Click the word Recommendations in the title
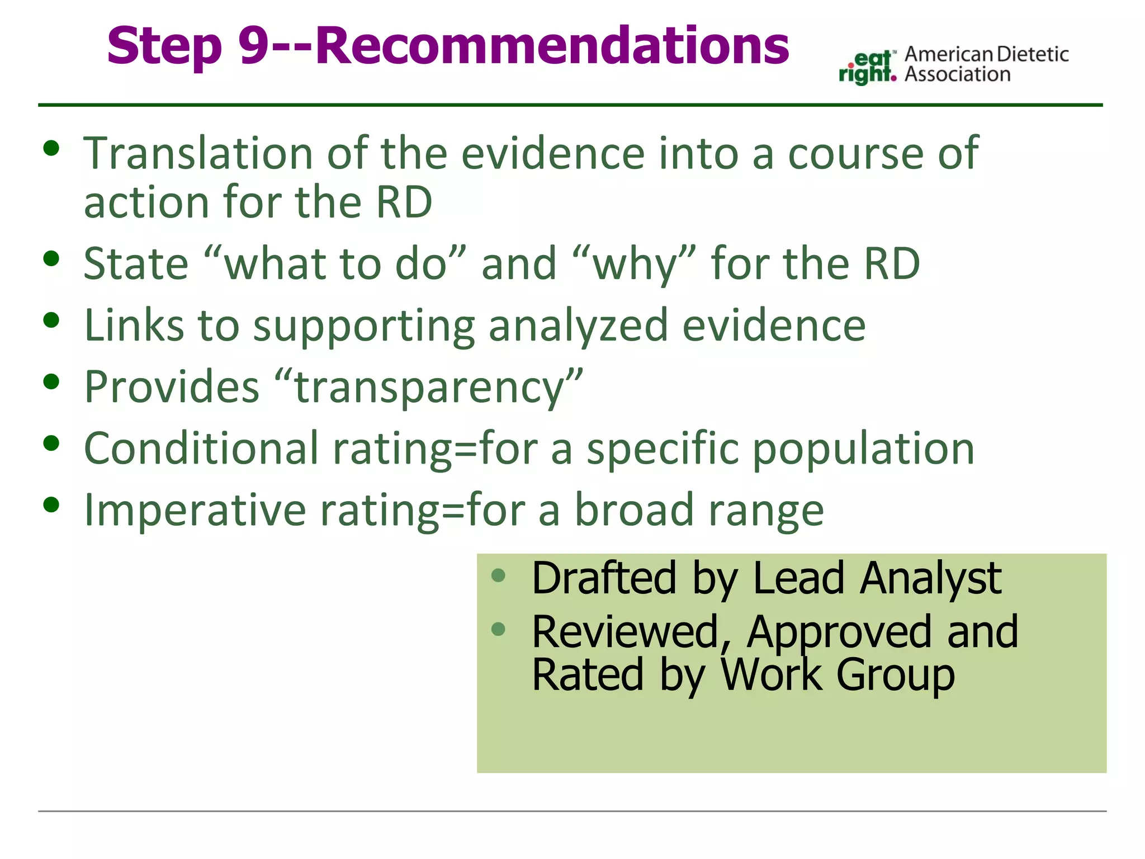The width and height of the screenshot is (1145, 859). click(x=552, y=46)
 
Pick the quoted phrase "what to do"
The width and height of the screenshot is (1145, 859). click(x=335, y=263)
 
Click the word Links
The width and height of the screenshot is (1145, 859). click(x=134, y=325)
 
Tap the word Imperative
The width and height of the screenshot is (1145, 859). click(x=195, y=510)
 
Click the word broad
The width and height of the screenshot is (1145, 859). click(x=634, y=510)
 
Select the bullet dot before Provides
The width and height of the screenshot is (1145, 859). click(x=51, y=382)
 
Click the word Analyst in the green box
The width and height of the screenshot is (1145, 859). click(x=930, y=578)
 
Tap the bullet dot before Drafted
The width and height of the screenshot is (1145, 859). click(x=498, y=575)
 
